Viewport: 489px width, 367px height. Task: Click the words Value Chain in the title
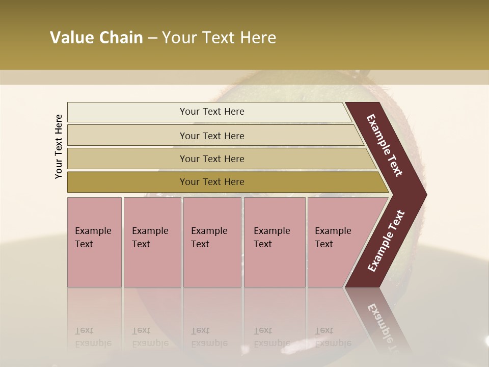pyautogui.click(x=96, y=38)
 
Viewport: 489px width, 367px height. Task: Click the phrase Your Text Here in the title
pyautogui.click(x=219, y=38)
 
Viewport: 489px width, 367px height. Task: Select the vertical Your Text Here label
pyautogui.click(x=59, y=146)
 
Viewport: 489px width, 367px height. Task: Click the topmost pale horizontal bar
pyautogui.click(x=127, y=112)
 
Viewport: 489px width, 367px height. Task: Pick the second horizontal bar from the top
pyautogui.click(x=127, y=136)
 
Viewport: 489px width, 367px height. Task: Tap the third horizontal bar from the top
pyautogui.click(x=127, y=159)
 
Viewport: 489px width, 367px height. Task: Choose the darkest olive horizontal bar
pyautogui.click(x=127, y=182)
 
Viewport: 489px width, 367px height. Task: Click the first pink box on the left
pyautogui.click(x=94, y=242)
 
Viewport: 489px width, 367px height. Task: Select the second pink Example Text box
pyautogui.click(x=152, y=242)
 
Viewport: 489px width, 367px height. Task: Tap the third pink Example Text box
pyautogui.click(x=212, y=242)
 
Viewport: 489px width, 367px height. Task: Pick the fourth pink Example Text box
pyautogui.click(x=274, y=242)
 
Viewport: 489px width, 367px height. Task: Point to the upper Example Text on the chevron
pyautogui.click(x=385, y=145)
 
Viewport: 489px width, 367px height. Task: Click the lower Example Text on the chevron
pyautogui.click(x=386, y=241)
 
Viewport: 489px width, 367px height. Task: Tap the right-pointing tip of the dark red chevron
pyautogui.click(x=424, y=195)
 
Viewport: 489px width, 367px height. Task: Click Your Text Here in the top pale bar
pyautogui.click(x=212, y=112)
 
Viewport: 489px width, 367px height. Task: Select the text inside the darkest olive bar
pyautogui.click(x=212, y=182)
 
